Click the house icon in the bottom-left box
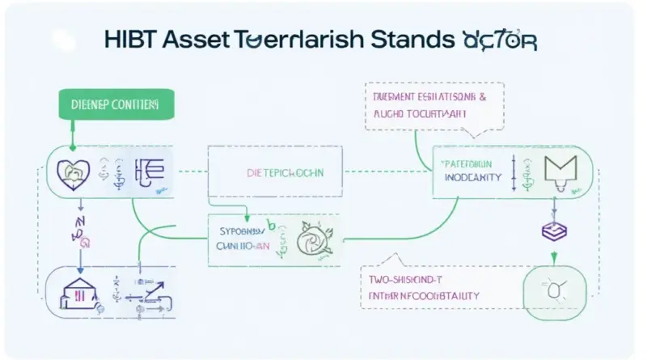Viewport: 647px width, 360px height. (x=74, y=286)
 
